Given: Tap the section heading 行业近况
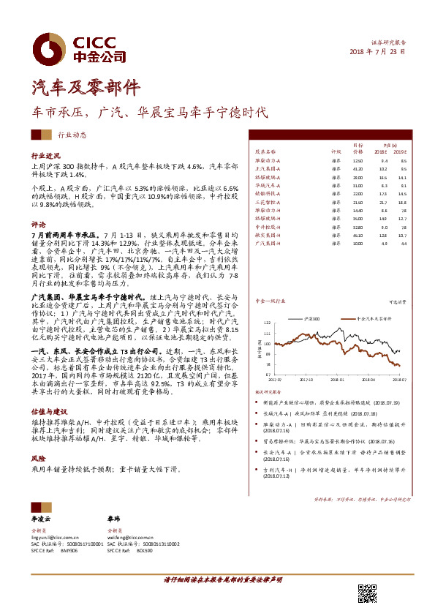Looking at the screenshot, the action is (x=45, y=156).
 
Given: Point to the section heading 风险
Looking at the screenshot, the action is (x=38, y=457).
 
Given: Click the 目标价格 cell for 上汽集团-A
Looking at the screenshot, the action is (x=358, y=169).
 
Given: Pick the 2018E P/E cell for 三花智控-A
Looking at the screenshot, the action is (x=384, y=201).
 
